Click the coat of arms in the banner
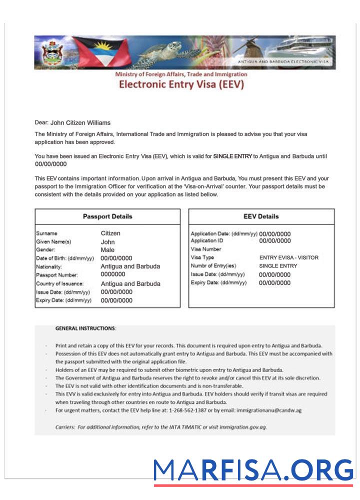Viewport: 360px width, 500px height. (x=50, y=52)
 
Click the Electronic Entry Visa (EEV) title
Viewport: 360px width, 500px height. (x=181, y=84)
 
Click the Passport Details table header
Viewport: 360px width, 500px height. (x=107, y=216)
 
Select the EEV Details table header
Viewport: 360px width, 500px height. (x=261, y=216)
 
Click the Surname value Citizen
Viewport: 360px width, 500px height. (x=110, y=233)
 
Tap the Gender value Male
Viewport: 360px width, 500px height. (x=107, y=250)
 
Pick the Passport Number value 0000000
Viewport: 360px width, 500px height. (x=113, y=274)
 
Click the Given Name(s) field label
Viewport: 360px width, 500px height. (x=53, y=242)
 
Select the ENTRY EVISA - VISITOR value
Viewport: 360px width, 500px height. (x=288, y=257)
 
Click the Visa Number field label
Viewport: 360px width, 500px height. (x=206, y=249)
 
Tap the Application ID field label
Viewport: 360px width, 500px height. (x=207, y=240)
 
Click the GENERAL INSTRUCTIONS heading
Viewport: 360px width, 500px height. (x=85, y=328)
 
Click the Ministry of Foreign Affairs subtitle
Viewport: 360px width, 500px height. (x=181, y=74)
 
